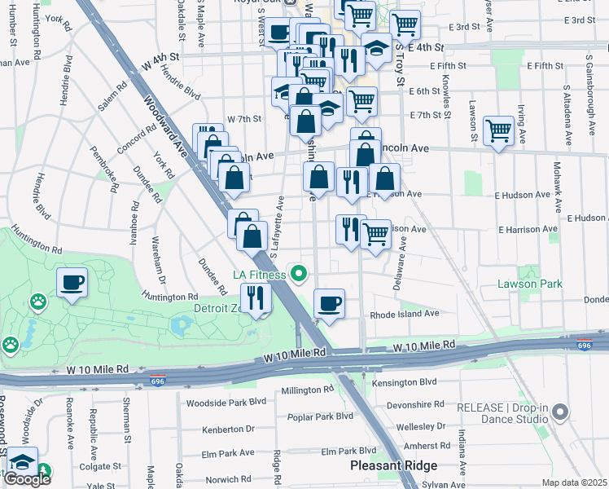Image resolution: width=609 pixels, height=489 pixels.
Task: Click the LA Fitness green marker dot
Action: tap(299, 273)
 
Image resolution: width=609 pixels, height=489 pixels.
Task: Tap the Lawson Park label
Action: tap(530, 284)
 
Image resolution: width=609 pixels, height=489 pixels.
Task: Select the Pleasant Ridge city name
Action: tap(393, 465)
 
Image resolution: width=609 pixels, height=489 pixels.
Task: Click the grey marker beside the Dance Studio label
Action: tap(559, 414)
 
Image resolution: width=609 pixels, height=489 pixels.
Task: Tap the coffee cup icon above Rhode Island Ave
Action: tap(329, 304)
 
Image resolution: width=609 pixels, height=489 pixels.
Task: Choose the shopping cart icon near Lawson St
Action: tap(497, 130)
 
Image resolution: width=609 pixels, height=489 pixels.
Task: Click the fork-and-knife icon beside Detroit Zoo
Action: tap(256, 297)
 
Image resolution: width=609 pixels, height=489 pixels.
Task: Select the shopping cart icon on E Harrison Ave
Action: tap(375, 234)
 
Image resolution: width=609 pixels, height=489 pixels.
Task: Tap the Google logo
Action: tap(27, 479)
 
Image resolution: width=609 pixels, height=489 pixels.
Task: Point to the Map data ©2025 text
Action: tap(574, 482)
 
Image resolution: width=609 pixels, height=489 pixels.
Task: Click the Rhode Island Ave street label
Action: tap(404, 313)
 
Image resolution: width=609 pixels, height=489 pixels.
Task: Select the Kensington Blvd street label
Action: tap(404, 381)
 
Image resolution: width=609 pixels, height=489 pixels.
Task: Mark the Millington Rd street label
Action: tap(306, 390)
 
